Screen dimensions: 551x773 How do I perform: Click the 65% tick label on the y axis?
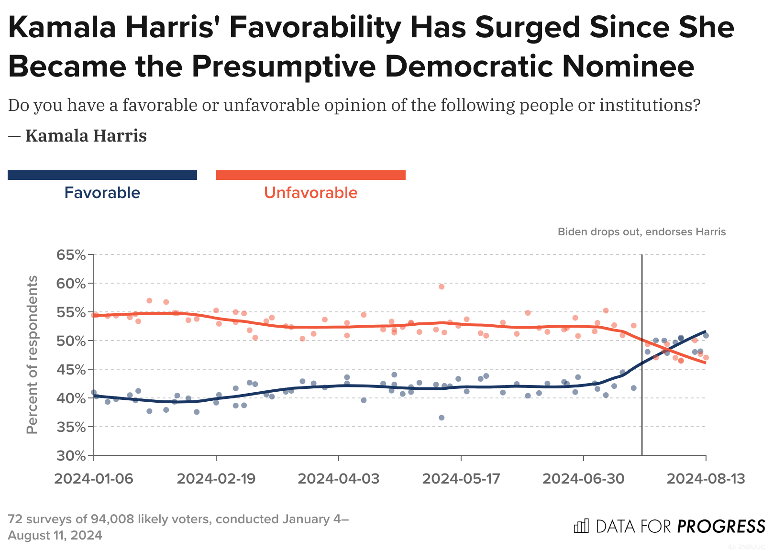71,255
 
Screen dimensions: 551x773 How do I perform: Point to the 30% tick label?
71,456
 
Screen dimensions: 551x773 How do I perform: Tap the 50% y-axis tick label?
71,341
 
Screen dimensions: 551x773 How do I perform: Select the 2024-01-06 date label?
94,479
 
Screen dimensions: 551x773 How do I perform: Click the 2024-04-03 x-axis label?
339,479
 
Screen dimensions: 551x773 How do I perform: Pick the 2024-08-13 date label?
706,479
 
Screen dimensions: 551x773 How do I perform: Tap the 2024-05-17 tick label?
461,479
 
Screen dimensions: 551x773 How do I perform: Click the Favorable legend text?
102,193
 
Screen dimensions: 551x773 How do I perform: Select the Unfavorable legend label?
311,193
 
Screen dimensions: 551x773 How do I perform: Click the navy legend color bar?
102,175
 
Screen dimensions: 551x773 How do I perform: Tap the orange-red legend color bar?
311,175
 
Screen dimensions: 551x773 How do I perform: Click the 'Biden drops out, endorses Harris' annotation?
641,232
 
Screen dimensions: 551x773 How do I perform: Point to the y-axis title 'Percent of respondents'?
32,355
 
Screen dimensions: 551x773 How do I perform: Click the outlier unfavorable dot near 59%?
442,287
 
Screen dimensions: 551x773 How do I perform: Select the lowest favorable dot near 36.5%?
442,418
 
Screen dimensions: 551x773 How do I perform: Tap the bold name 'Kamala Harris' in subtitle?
86,136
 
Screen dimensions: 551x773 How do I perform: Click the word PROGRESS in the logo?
721,527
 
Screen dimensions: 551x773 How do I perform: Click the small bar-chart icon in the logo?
581,526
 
